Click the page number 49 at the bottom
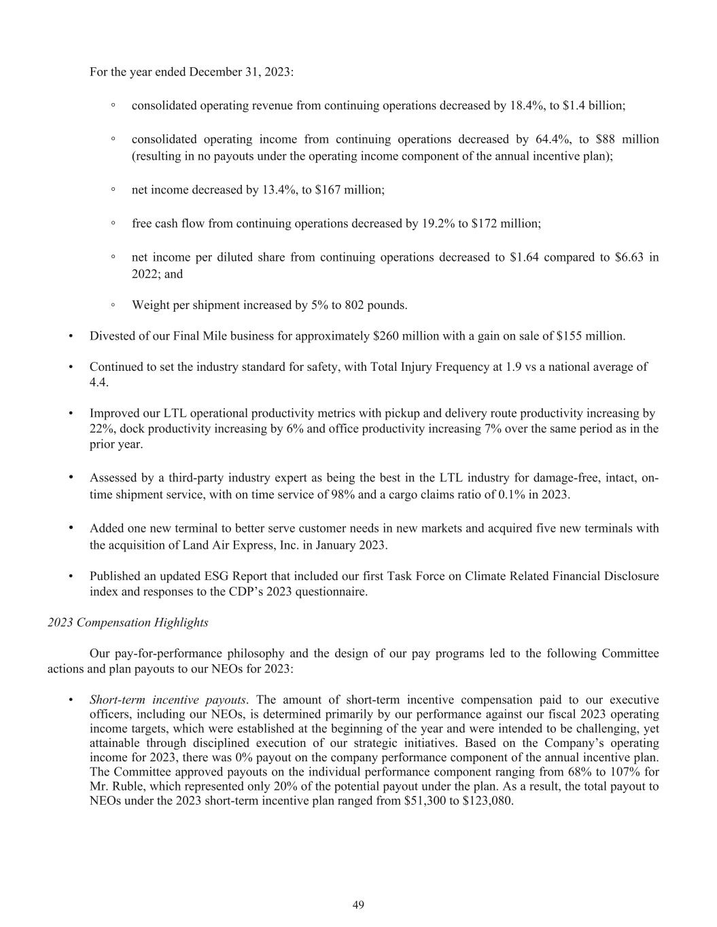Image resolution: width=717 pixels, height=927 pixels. (358, 905)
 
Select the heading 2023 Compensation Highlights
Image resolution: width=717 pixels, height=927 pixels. (128, 622)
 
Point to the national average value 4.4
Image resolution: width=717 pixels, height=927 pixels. (99, 382)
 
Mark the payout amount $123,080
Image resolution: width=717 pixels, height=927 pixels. (487, 801)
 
